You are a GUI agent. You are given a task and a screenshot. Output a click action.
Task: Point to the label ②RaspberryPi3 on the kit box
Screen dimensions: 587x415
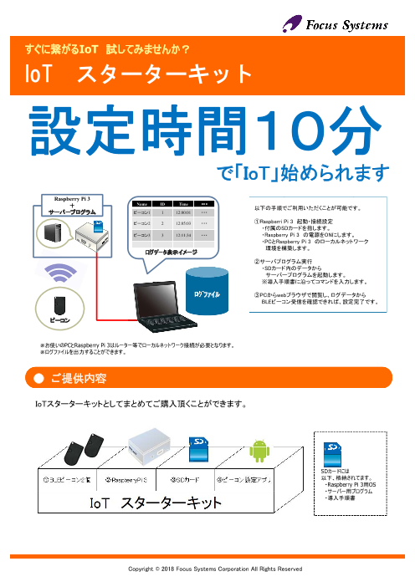point(126,480)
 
